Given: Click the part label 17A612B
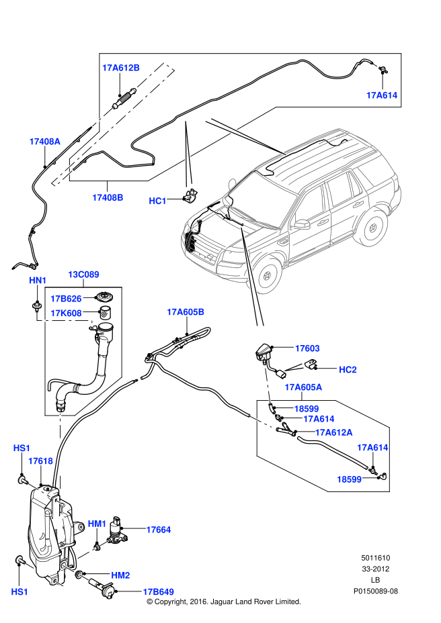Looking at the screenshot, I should [121, 68].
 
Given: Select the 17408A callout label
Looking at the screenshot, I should [45, 142].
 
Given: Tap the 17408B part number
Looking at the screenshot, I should [108, 197].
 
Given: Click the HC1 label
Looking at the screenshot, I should [157, 201].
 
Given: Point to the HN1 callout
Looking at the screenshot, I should [38, 280].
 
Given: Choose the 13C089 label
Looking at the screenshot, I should [83, 274].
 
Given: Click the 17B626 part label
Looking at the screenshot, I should [67, 299].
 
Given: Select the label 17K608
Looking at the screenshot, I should [67, 313].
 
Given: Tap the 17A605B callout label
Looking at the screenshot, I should [186, 311].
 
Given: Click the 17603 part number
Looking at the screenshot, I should [307, 348].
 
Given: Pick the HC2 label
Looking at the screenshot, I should [348, 369].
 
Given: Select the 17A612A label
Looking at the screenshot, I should [334, 432].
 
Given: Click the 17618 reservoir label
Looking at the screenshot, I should [40, 461].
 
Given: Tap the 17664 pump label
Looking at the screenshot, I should [159, 530].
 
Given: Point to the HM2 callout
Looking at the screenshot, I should [121, 575].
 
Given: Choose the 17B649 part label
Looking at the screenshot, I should [158, 591].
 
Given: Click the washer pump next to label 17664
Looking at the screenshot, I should [120, 530].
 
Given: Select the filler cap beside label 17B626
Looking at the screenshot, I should [104, 297].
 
